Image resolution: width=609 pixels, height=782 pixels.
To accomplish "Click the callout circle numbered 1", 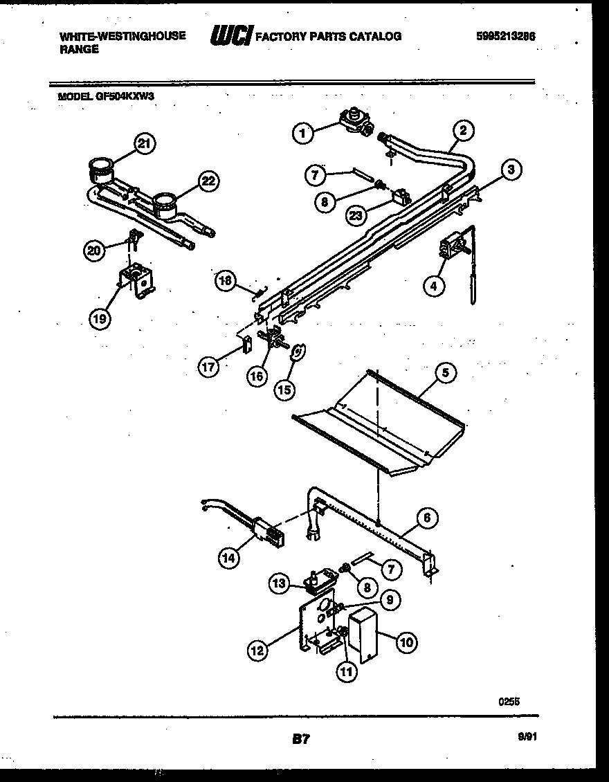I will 302,134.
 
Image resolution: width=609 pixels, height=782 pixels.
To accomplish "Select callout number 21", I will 143,143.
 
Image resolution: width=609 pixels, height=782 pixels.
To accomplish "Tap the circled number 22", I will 207,181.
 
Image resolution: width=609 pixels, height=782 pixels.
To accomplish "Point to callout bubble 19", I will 100,318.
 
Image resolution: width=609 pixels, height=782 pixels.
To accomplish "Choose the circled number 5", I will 446,372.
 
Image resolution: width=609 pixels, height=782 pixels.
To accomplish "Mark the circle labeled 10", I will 406,643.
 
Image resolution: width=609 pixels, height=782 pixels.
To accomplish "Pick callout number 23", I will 356,215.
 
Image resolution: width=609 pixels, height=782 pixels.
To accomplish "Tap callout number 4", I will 433,285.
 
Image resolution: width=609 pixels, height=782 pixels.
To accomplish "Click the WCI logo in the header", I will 230,36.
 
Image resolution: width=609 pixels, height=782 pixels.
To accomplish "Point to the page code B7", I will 300,740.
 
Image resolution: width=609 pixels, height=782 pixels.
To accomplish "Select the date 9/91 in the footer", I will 527,738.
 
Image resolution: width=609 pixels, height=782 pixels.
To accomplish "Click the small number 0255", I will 509,701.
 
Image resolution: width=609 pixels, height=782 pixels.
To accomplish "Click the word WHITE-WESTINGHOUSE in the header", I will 122,36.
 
